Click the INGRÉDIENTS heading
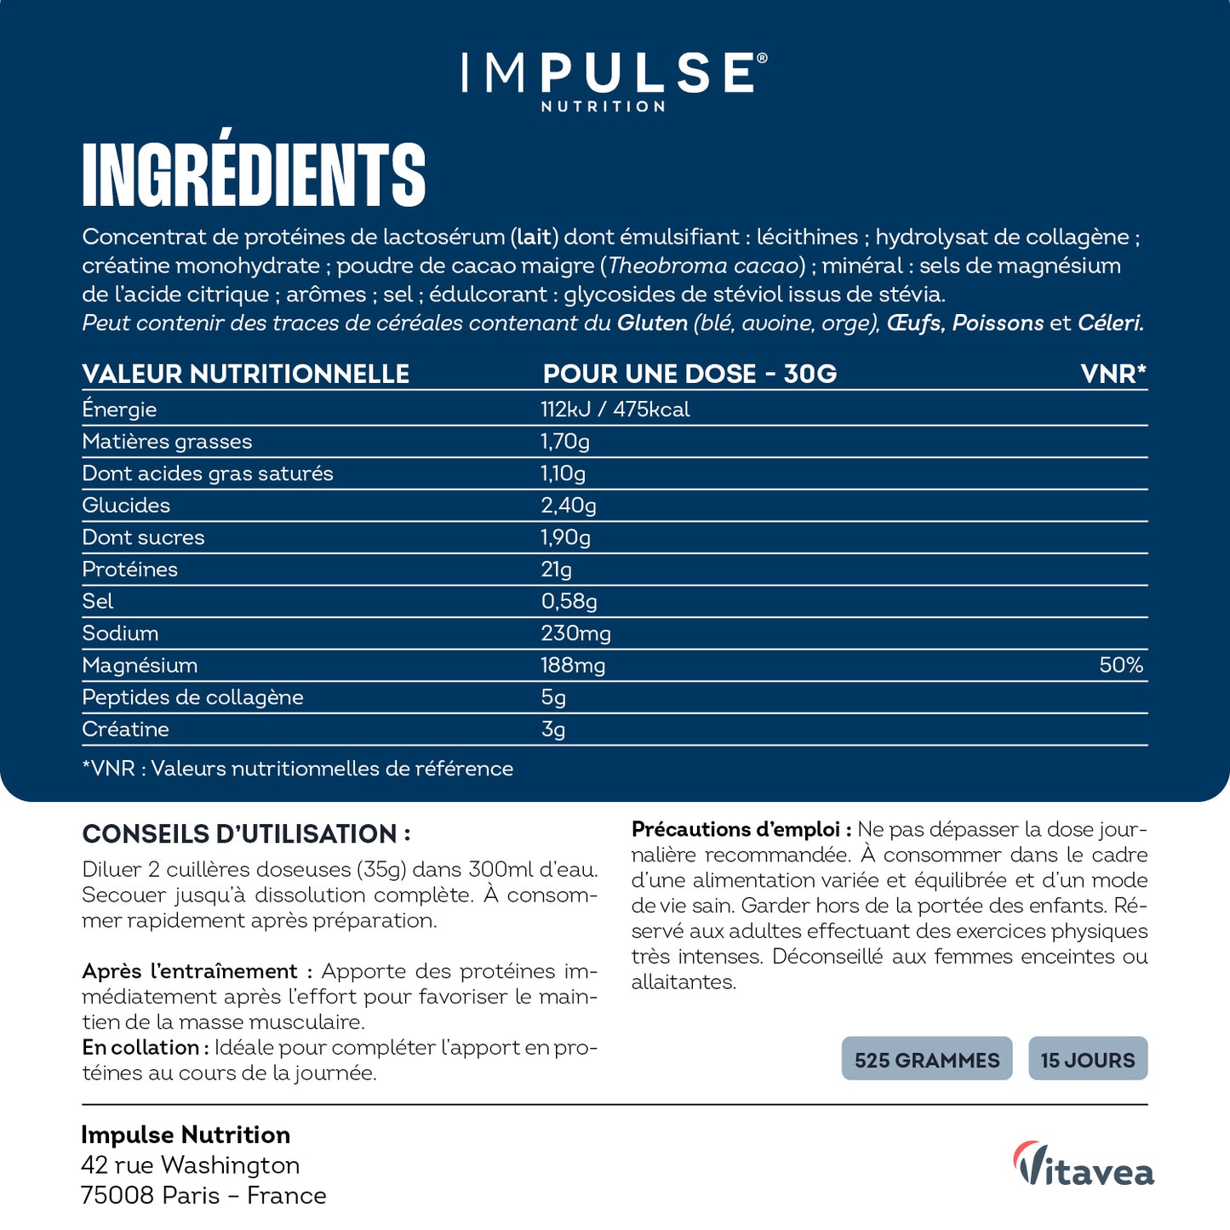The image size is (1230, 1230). [254, 174]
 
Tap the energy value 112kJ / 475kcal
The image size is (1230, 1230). [615, 409]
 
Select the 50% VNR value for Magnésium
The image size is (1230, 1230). [1120, 665]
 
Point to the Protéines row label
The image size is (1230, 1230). [129, 569]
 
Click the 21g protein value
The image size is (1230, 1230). [556, 569]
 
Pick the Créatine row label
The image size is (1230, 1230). [125, 729]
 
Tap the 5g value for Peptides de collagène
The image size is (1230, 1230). [553, 698]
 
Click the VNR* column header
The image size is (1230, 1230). [1113, 374]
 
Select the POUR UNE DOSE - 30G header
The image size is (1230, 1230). [689, 374]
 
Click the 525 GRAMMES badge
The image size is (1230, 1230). [927, 1059]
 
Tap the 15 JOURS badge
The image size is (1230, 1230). [1087, 1059]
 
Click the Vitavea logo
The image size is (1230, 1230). [1084, 1164]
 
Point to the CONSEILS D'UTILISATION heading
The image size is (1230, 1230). [246, 833]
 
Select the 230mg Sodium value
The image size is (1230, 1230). [575, 633]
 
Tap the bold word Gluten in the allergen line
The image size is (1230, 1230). [652, 323]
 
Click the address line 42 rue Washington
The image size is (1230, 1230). [190, 1164]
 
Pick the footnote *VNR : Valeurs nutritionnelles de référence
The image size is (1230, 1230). [297, 769]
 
